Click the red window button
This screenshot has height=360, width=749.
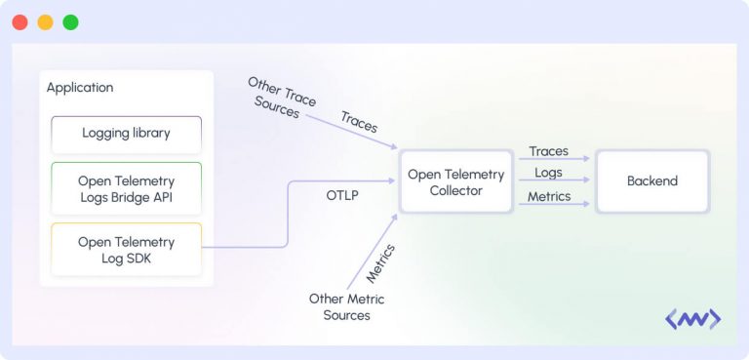click(x=20, y=21)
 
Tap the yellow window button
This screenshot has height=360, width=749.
click(x=45, y=21)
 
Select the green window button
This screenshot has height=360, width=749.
click(x=70, y=21)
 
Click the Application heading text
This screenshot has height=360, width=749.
click(x=80, y=87)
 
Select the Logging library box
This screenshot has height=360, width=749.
click(x=127, y=133)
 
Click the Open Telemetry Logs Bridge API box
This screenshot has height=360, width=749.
click(x=127, y=188)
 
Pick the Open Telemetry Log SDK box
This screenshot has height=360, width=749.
click(x=127, y=249)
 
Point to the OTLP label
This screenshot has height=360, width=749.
click(x=342, y=195)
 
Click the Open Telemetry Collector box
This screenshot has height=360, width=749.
click(x=455, y=181)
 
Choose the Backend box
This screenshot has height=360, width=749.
click(x=651, y=180)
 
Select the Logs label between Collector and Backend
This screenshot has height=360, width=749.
click(x=548, y=173)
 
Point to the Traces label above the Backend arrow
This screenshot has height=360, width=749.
click(x=548, y=151)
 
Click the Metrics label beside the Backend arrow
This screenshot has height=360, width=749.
click(x=548, y=196)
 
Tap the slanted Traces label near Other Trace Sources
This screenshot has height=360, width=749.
click(x=359, y=122)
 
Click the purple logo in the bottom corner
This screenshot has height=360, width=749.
click(x=692, y=319)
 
